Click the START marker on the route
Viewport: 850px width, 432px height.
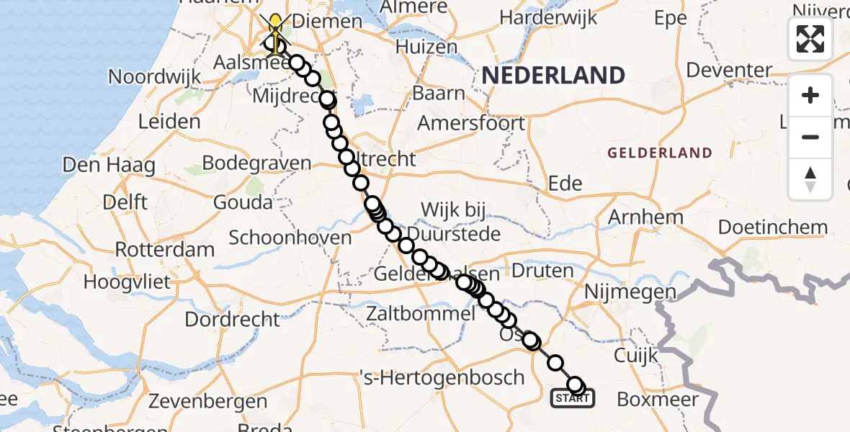point(573,397)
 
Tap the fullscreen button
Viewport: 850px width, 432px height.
point(810,39)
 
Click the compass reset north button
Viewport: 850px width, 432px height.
point(810,179)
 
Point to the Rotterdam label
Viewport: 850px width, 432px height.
point(165,250)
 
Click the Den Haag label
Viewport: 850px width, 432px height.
point(109,166)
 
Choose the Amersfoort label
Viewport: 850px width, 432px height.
point(472,123)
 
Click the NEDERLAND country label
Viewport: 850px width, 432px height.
point(553,75)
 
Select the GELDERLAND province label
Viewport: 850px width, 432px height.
point(660,153)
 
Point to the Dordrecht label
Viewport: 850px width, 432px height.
point(233,318)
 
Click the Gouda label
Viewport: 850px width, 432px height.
point(243,202)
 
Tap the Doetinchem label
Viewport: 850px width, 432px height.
point(773,228)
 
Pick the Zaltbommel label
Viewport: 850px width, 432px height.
point(421,315)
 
